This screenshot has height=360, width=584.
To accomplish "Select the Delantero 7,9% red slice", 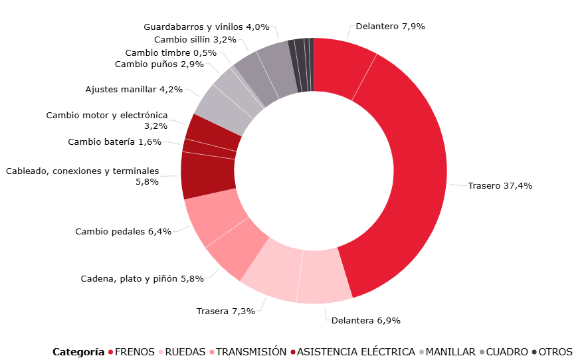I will pyautogui.click(x=342, y=66).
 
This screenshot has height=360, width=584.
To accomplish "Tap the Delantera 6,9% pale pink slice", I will pyautogui.click(x=324, y=276).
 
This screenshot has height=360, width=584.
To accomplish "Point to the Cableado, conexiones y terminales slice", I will pyautogui.click(x=208, y=176).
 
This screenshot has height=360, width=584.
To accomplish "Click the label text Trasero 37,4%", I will pyautogui.click(x=500, y=186).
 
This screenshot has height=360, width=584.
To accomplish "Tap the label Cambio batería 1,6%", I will pyautogui.click(x=114, y=141).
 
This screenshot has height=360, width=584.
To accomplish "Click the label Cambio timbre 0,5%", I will pyautogui.click(x=170, y=52).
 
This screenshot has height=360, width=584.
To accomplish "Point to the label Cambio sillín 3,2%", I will pyautogui.click(x=176, y=40).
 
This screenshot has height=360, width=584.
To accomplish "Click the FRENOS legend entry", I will pyautogui.click(x=135, y=351).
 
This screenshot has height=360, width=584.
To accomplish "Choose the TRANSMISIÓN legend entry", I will pyautogui.click(x=251, y=351).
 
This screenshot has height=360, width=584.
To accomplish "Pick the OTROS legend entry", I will pyautogui.click(x=555, y=351).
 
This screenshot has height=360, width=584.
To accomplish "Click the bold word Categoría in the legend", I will pyautogui.click(x=78, y=351).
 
